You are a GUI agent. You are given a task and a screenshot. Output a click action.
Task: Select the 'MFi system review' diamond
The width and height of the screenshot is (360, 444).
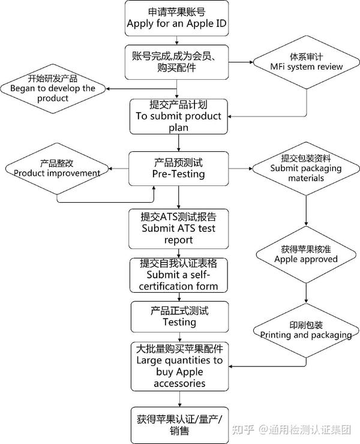[x=307, y=62]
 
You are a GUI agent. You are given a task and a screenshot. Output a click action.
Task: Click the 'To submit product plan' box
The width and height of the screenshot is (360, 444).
[x=178, y=116]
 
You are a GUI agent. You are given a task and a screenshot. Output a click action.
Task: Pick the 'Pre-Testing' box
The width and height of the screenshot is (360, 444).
[x=178, y=169]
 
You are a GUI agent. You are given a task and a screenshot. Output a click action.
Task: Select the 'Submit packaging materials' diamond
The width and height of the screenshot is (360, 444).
[x=307, y=169]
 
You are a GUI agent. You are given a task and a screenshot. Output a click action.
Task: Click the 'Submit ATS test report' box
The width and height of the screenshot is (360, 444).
[x=178, y=228]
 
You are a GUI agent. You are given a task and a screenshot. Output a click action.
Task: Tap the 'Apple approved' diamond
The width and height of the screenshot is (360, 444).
[x=306, y=254]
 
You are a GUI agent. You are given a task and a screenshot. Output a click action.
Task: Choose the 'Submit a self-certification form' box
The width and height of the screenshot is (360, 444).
[x=178, y=275]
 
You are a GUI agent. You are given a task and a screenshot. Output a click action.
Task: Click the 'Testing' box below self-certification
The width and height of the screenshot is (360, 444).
[x=179, y=317]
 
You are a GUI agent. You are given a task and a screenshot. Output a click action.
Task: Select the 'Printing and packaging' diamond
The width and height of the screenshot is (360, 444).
[x=306, y=330]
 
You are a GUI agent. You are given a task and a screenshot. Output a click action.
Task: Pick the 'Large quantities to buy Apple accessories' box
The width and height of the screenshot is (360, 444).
[x=179, y=366]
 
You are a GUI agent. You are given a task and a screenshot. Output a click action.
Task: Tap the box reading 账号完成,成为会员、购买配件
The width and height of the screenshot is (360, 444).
[x=178, y=62]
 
